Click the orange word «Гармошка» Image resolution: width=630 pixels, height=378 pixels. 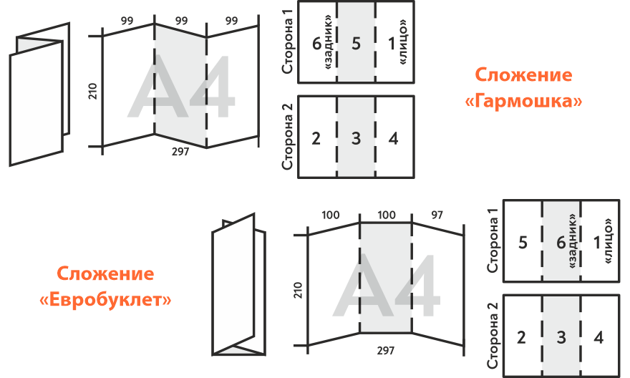coord(523,101)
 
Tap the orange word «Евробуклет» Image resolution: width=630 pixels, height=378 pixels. coord(105,300)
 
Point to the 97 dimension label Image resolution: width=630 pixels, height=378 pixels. coord(437,215)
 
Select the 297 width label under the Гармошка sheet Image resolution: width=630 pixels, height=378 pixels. coord(180,152)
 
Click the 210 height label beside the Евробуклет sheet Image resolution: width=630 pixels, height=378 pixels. coord(298,290)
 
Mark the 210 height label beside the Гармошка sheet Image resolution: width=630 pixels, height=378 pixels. coord(93,91)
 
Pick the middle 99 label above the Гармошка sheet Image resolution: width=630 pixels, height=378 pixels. coord(181,21)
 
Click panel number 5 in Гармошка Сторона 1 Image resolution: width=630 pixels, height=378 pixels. coord(356,44)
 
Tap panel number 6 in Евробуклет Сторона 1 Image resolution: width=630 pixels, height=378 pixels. coord(561,243)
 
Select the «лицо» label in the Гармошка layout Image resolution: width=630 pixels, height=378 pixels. coord(403,42)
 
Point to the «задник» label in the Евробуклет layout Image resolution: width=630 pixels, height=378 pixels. coord(573,241)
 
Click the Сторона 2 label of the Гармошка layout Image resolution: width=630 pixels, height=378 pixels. coord(288,137)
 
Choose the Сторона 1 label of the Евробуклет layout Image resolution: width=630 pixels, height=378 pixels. coord(493,241)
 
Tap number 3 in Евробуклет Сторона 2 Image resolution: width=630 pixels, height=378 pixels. coord(561,337)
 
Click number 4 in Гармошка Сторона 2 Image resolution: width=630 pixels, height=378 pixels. coord(393,139)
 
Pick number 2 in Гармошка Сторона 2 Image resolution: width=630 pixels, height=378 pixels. coord(316,139)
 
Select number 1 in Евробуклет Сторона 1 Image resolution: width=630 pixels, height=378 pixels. coord(598,243)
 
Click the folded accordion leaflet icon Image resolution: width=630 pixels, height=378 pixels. coord(39,94)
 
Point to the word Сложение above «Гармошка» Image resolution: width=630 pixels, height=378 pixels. coord(523,74)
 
